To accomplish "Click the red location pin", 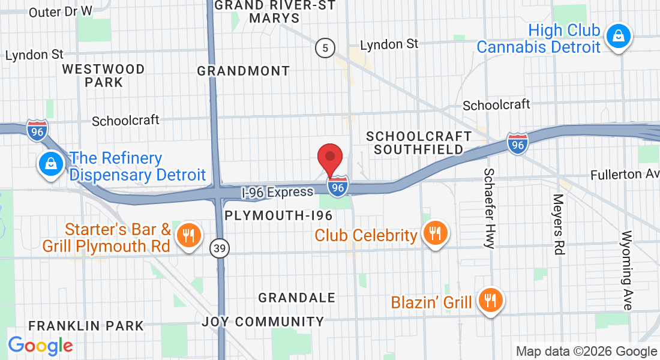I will pyautogui.click(x=330, y=158).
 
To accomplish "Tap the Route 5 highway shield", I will pyautogui.click(x=325, y=49).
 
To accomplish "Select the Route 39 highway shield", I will pyautogui.click(x=219, y=247).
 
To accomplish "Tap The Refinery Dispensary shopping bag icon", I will pyautogui.click(x=52, y=164).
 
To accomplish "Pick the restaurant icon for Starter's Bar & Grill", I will pyautogui.click(x=189, y=236).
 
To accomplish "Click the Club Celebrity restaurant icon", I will pyautogui.click(x=434, y=233).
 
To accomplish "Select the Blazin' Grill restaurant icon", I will pyautogui.click(x=491, y=301).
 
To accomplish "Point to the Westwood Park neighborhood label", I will pyautogui.click(x=104, y=76).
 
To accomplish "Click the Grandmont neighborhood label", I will pyautogui.click(x=244, y=71).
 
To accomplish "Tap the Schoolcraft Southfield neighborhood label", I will pyautogui.click(x=415, y=142).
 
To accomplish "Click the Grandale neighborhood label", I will pyautogui.click(x=296, y=298).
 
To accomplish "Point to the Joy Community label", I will pyautogui.click(x=263, y=322).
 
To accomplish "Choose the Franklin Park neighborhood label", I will pyautogui.click(x=86, y=326).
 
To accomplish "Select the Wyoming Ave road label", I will pyautogui.click(x=628, y=270).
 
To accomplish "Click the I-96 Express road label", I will pyautogui.click(x=277, y=193).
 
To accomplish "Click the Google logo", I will pyautogui.click(x=40, y=346).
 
